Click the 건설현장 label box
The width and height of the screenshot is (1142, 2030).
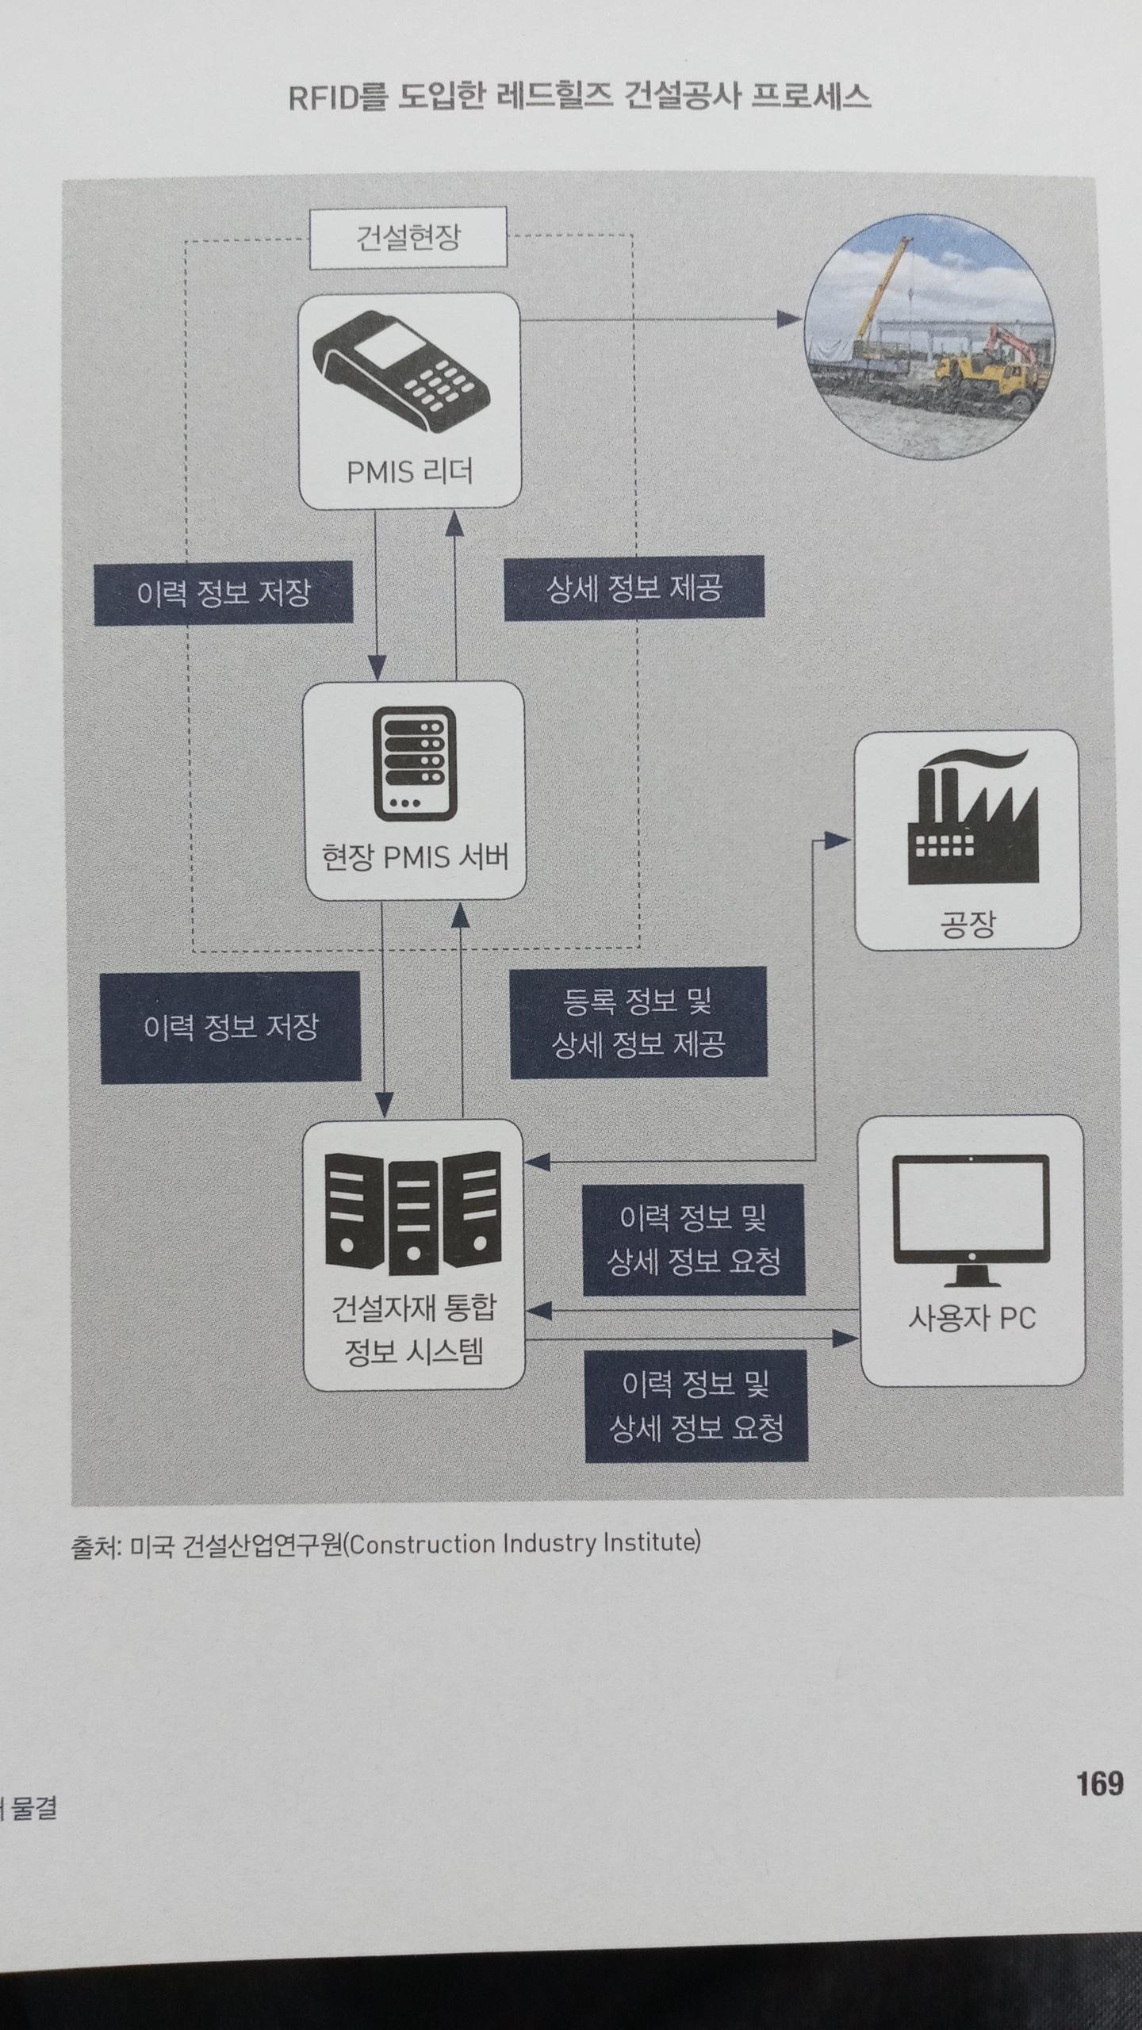(408, 238)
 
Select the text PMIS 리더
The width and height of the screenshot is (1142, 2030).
(409, 473)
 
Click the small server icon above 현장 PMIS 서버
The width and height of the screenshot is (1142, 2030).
(414, 764)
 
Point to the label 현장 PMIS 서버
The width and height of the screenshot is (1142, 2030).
(414, 857)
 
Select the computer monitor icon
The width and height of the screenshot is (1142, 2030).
(971, 1220)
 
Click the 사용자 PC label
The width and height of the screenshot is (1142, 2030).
(971, 1319)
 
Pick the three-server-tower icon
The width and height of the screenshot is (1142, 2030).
(412, 1212)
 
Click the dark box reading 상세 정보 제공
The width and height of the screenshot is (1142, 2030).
(634, 588)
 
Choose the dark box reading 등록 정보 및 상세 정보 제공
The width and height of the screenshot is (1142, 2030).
(638, 1023)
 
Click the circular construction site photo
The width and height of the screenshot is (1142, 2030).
(929, 339)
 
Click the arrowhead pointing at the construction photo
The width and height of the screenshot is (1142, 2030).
(788, 320)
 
